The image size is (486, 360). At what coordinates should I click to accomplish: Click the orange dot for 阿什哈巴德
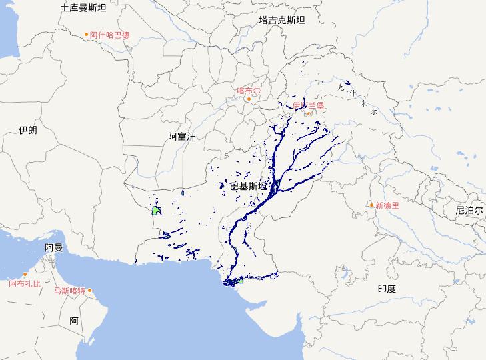tap(86, 35)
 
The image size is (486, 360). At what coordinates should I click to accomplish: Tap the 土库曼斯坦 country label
tap(83, 8)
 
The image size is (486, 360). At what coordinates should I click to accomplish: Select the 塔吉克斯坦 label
tap(282, 21)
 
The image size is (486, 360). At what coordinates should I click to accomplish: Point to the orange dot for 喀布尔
tap(249, 99)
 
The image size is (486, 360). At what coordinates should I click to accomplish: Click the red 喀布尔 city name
tap(249, 90)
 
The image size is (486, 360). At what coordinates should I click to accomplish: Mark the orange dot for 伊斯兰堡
tap(309, 114)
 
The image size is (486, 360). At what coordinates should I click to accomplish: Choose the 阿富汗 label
tap(181, 137)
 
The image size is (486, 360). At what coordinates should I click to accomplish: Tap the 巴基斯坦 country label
tap(248, 186)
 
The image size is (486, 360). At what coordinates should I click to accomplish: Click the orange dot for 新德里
tap(372, 205)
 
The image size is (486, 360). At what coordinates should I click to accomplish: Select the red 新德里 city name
tap(387, 206)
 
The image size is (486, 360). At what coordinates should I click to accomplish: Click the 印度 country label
tap(387, 289)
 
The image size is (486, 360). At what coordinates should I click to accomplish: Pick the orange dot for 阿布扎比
tap(25, 275)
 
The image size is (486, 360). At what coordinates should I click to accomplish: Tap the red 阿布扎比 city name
tap(25, 284)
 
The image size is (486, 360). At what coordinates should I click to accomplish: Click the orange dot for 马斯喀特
tap(89, 291)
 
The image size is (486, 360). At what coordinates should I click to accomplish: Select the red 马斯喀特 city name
tap(70, 291)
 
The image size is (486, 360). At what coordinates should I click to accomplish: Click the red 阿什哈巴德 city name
tap(110, 35)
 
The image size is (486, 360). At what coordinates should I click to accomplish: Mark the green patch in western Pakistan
tap(155, 211)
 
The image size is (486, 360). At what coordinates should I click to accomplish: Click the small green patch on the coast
tap(240, 282)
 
